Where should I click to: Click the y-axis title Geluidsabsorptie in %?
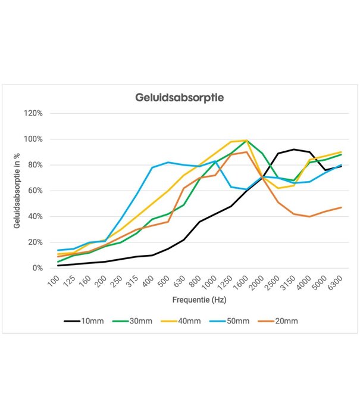(17, 191)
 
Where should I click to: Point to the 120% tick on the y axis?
(33, 113)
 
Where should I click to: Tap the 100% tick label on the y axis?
(33, 139)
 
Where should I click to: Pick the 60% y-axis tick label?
(35, 191)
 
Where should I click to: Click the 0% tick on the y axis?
(37, 268)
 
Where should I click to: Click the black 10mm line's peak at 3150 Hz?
(294, 150)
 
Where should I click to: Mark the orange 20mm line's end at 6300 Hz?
(340, 207)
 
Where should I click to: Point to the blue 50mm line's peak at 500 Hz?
(168, 162)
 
